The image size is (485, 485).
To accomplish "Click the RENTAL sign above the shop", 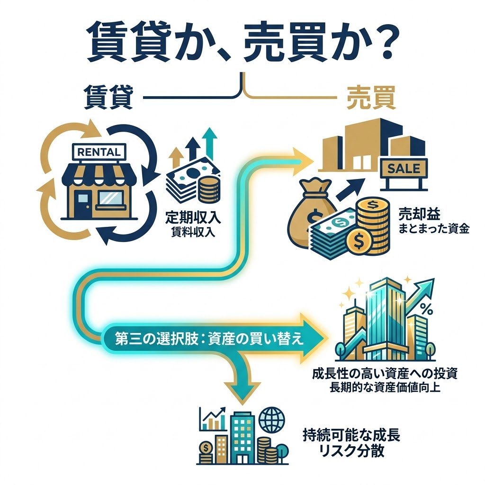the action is tap(99, 152).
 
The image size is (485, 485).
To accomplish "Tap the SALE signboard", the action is tap(404, 169).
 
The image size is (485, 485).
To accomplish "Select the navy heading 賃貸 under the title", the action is tap(108, 98).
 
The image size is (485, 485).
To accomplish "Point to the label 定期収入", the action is tap(193, 217).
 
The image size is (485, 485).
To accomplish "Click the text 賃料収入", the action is tap(193, 232).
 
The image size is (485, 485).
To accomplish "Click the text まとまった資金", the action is tap(434, 229).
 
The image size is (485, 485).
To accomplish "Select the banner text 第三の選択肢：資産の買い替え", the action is tap(209, 339).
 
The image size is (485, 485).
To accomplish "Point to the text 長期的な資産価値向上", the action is tap(385, 387).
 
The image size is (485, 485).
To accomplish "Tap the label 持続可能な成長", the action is tap(351, 436).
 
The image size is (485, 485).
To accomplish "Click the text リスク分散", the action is tap(351, 451).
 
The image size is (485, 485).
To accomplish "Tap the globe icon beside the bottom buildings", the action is tap(272, 420).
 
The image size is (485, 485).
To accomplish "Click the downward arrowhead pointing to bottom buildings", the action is tap(242, 393).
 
